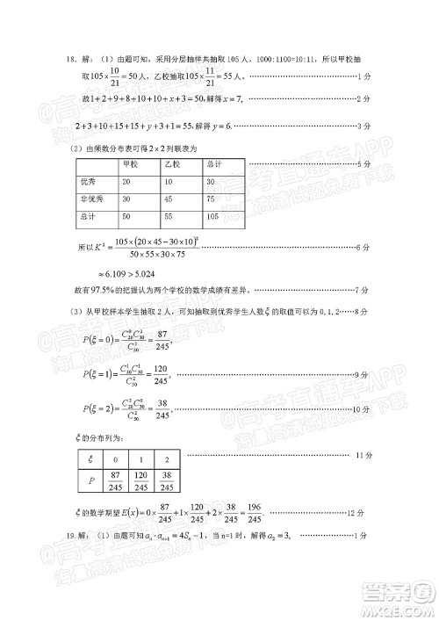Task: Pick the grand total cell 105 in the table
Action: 213,214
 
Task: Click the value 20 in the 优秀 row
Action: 127,181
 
